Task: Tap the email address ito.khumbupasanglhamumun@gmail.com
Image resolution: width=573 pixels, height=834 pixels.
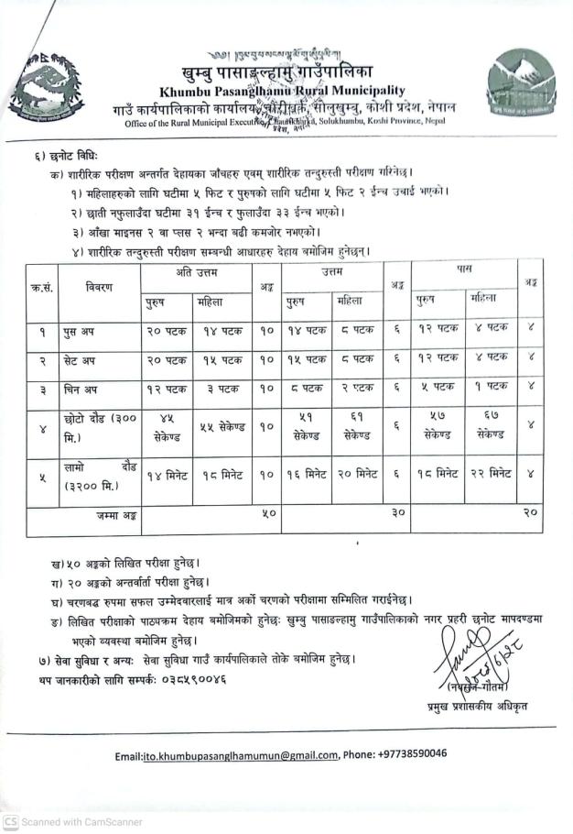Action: click(x=241, y=754)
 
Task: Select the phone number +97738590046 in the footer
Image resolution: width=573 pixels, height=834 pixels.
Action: click(x=407, y=753)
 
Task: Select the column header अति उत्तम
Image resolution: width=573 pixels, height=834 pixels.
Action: click(x=195, y=272)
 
